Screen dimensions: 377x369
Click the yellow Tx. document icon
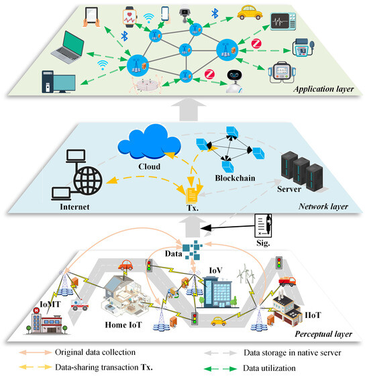pos(191,194)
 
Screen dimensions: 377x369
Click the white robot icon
pos(234,78)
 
